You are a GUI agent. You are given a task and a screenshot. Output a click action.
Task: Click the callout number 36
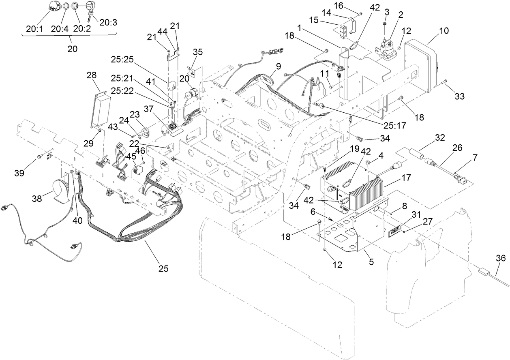(501, 258)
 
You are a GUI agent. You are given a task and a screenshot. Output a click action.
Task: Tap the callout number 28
(92, 76)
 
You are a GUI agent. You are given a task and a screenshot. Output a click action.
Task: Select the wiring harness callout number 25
(163, 268)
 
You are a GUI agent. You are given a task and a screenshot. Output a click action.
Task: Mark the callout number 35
(197, 52)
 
